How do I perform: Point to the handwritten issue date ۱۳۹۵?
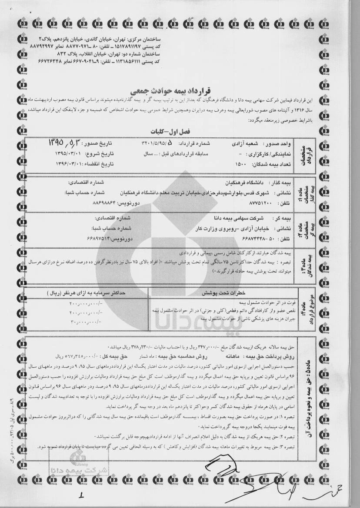coord(63,142)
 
